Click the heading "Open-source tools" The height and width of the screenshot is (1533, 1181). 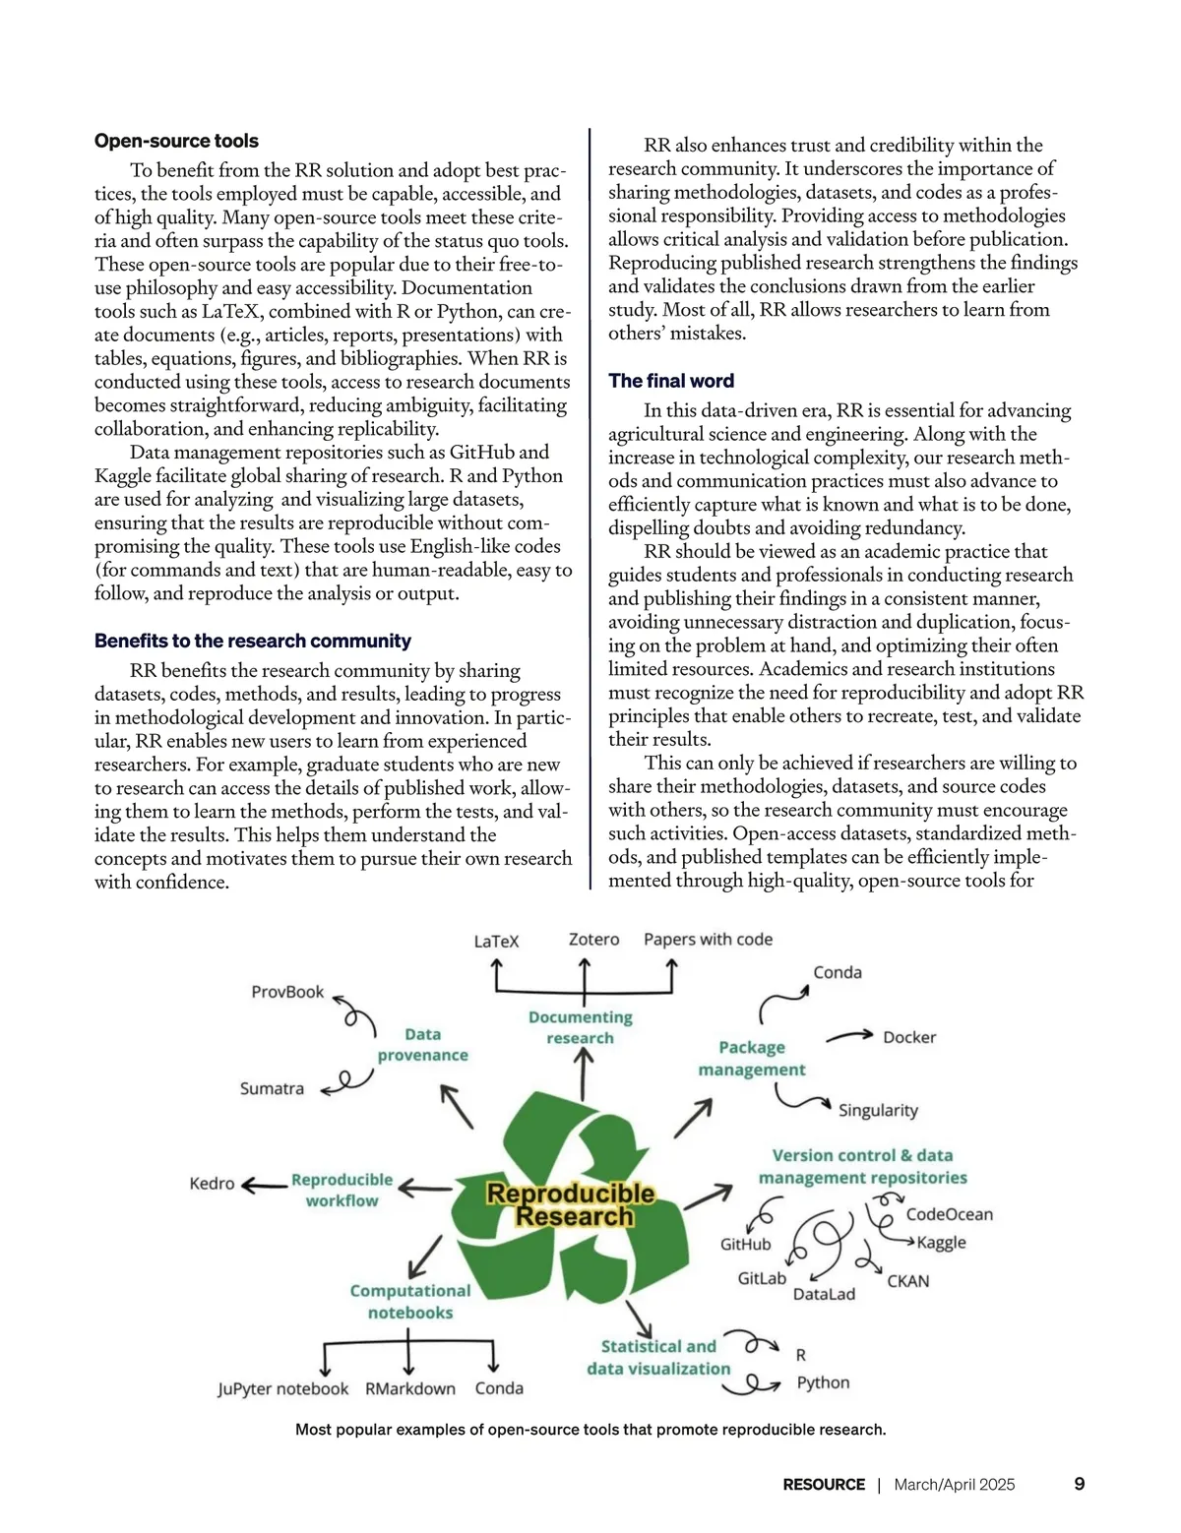click(176, 141)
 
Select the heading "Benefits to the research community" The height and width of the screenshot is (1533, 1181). click(253, 641)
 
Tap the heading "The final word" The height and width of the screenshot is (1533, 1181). click(671, 381)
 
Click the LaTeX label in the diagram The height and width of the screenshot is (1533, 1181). click(496, 941)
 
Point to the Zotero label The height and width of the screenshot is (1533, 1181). click(594, 940)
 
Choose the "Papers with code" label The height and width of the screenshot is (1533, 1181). click(708, 940)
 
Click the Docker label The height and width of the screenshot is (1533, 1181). click(909, 1037)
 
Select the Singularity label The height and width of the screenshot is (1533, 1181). click(878, 1110)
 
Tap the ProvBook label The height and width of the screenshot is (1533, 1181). click(287, 992)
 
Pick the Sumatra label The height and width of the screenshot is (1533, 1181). click(272, 1088)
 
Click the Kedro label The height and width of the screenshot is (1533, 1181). click(212, 1183)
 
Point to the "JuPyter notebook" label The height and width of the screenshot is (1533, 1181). click(283, 1388)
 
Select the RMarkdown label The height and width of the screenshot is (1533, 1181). click(410, 1388)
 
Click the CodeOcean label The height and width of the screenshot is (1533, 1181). click(949, 1214)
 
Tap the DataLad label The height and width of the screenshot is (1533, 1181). click(824, 1294)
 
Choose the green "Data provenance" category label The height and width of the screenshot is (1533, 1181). click(423, 1044)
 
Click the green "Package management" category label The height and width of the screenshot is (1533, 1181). click(752, 1058)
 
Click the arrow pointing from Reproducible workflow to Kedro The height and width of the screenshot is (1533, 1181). click(264, 1185)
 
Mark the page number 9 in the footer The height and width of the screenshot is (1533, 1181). click(1079, 1484)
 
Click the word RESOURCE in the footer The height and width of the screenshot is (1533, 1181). click(824, 1485)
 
